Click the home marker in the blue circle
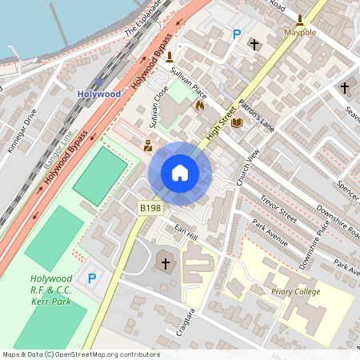[180, 173]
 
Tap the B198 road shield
[150, 208]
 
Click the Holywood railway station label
[98, 94]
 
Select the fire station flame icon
[199, 105]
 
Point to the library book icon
[236, 122]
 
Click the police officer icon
[147, 146]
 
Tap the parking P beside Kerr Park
[92, 278]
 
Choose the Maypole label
[300, 33]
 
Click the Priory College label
[295, 292]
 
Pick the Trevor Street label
[278, 207]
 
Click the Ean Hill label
[186, 233]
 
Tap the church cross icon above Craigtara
[165, 262]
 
